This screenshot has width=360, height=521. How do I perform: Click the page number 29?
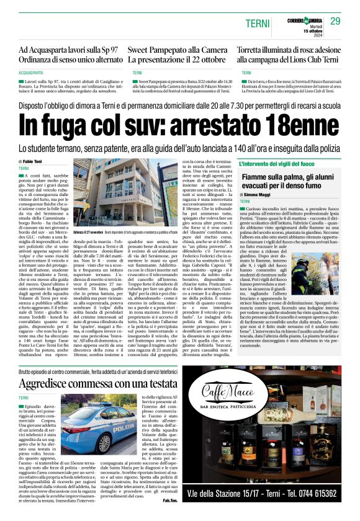(x=335, y=21)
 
